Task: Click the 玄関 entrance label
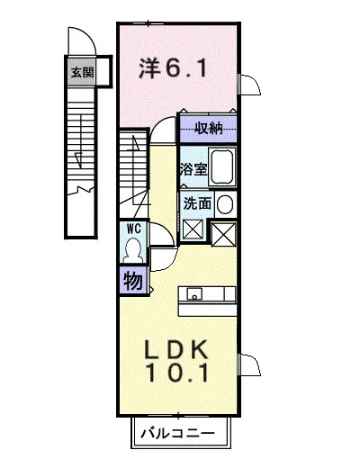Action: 83,72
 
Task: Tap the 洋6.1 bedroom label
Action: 173,67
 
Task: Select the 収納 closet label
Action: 209,129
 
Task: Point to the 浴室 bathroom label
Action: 193,169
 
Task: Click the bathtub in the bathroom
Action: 222,167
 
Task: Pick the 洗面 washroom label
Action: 197,203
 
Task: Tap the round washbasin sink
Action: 224,204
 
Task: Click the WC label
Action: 134,229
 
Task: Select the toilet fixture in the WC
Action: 133,251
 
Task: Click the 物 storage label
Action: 133,281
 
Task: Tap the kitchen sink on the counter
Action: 194,294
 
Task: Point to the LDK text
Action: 176,349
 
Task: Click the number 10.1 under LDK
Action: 177,372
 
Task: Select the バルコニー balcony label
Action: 178,433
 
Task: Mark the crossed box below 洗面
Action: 193,229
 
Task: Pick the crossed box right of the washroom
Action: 223,234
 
